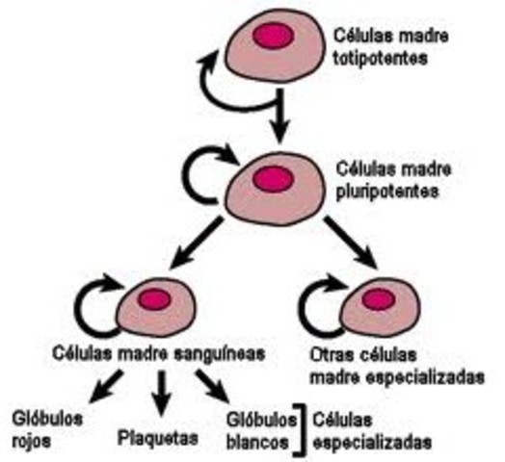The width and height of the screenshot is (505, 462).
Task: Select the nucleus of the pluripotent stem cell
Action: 273,178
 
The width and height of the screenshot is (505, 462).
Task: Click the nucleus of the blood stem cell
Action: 155,300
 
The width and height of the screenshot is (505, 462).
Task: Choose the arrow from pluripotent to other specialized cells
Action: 349,244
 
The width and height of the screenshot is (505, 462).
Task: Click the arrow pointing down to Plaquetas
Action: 161,391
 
